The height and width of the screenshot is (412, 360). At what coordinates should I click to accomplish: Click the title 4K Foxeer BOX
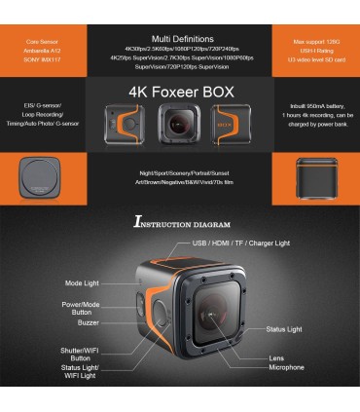(179, 94)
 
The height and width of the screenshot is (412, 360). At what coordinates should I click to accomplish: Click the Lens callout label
(276, 357)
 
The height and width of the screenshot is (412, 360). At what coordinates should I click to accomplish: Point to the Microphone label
(286, 367)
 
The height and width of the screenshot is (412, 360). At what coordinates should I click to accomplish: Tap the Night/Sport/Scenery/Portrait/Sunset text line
(179, 171)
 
